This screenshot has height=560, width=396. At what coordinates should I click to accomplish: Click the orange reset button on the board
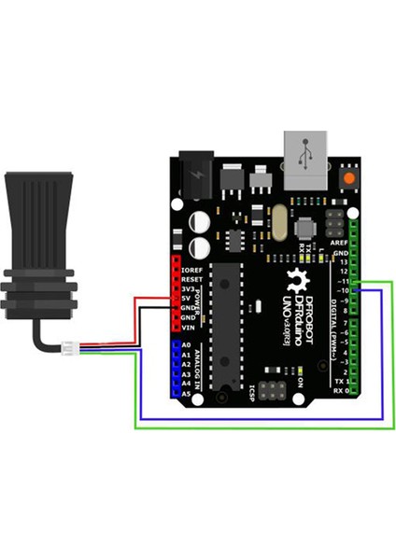point(349,176)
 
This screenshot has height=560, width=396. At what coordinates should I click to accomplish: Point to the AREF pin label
point(340,241)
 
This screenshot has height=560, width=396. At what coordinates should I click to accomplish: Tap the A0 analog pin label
point(186,345)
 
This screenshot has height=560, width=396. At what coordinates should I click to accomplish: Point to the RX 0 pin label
point(341,391)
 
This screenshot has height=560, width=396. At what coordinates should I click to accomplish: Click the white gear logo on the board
point(299,279)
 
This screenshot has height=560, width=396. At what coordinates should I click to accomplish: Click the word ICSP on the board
point(252,391)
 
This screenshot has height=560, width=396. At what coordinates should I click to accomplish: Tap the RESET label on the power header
point(193,279)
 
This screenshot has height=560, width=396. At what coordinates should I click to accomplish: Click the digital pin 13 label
point(344,262)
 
